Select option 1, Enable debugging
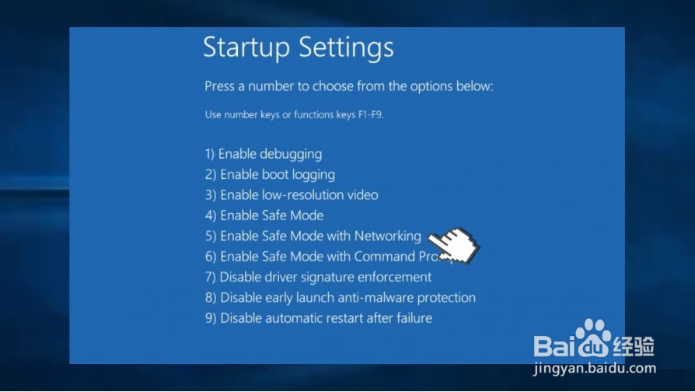pos(264,154)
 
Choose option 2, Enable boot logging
pos(270,175)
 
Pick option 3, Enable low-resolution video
pos(292,195)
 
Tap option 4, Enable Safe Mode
pos(264,215)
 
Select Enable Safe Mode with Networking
pos(313,236)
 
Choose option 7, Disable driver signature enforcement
pos(318,277)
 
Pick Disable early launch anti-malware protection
pos(341,298)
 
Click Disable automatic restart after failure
pos(319,318)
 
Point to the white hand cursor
pos(454,245)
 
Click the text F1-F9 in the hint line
pos(371,114)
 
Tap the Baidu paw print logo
pos(593,338)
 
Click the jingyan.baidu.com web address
pos(595,369)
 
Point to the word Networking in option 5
pos(388,236)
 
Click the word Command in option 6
pos(384,257)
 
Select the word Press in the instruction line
pos(219,86)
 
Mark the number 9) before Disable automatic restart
pos(211,318)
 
